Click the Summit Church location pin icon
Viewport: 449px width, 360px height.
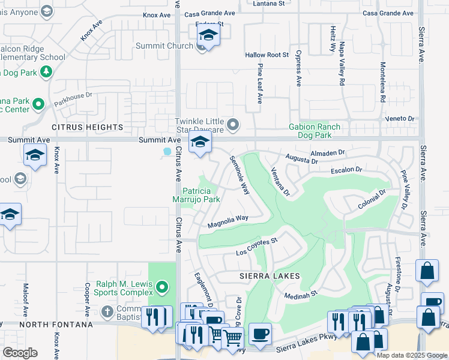[202, 47]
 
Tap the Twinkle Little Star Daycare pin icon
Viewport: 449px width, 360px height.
[234, 125]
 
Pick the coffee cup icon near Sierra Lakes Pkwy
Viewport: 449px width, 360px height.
[260, 334]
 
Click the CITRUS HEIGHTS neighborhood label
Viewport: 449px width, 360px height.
[87, 127]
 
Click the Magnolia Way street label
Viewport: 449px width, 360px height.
[228, 222]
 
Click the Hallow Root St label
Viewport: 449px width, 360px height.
[267, 55]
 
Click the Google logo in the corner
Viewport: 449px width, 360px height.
[20, 352]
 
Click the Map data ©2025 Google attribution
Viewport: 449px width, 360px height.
[412, 355]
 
